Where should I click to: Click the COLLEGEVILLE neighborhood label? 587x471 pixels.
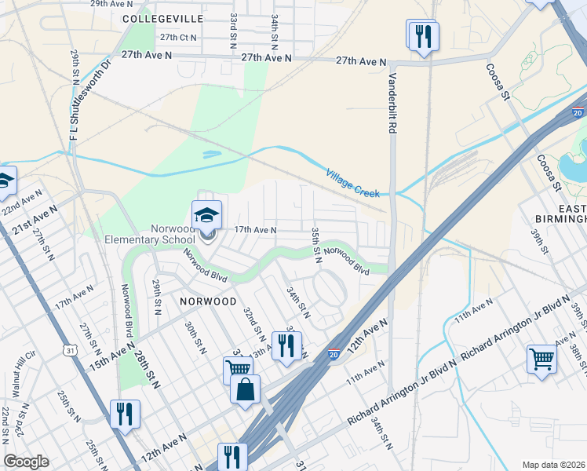162,18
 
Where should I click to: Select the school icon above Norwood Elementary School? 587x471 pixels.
207,214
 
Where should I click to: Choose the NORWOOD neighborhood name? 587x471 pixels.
208,301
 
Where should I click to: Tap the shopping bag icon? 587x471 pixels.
245,389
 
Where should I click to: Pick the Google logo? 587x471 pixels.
26,462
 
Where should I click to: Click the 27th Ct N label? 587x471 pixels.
178,37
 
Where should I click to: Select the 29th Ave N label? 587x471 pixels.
109,4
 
